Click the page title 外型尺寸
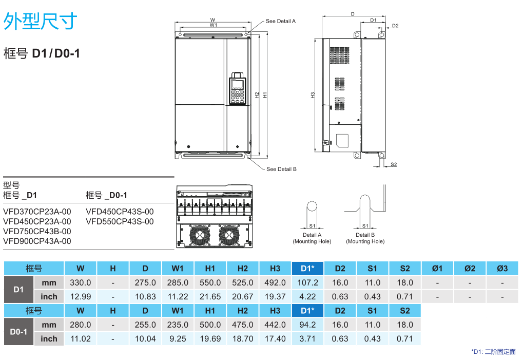point(41,22)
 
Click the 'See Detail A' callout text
point(280,22)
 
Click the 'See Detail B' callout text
point(281,169)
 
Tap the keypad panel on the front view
point(237,88)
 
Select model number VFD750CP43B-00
point(37,231)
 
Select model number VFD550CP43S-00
point(120,221)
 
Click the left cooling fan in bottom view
point(199,235)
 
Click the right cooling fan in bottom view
point(229,235)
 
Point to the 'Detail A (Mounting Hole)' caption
point(312,238)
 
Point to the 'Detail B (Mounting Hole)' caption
point(365,238)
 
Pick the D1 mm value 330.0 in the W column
point(80,282)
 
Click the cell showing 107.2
point(307,282)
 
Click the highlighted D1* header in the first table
point(307,268)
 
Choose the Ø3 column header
point(502,268)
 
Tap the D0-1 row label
point(18,332)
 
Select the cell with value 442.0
point(275,325)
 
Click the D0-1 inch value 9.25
point(178,338)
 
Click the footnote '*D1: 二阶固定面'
point(493,352)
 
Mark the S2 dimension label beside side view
point(393,164)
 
